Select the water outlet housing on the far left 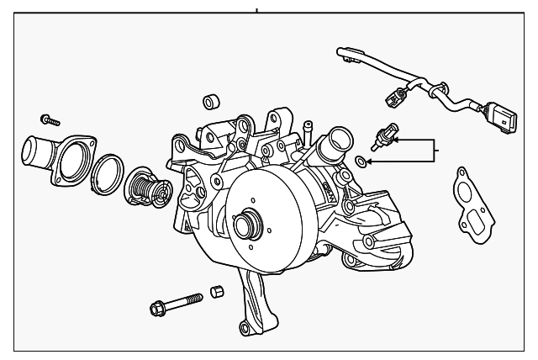coord(46,156)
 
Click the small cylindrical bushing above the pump coord(211,103)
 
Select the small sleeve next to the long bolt coord(217,292)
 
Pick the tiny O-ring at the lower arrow coord(361,160)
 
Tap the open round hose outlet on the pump coord(339,137)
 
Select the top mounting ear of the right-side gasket coord(461,173)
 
